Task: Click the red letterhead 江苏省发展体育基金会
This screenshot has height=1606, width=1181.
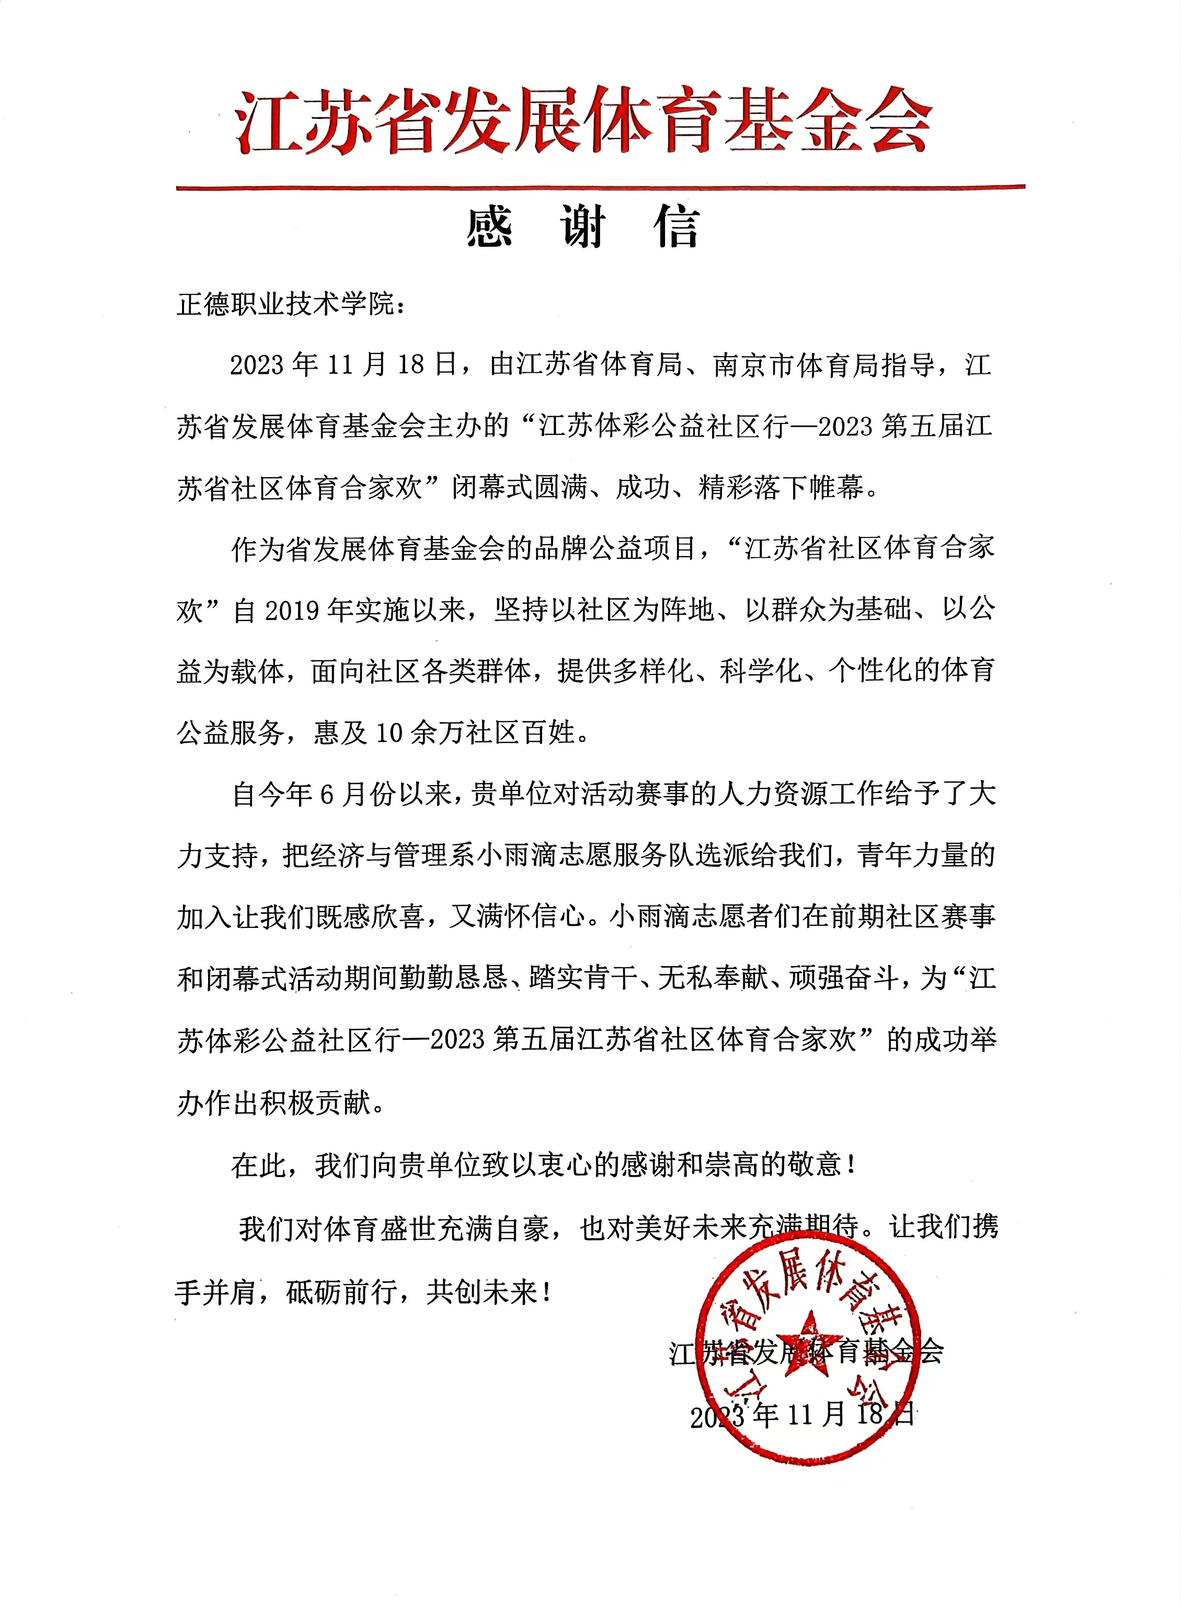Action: click(x=585, y=121)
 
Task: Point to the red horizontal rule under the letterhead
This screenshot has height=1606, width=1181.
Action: click(x=601, y=187)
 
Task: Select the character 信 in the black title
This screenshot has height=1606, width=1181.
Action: click(x=677, y=228)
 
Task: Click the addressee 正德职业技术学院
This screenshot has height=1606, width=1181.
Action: click(x=285, y=305)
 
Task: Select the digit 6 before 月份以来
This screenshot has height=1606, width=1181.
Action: click(x=326, y=795)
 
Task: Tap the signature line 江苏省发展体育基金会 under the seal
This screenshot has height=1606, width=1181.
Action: click(x=806, y=1352)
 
